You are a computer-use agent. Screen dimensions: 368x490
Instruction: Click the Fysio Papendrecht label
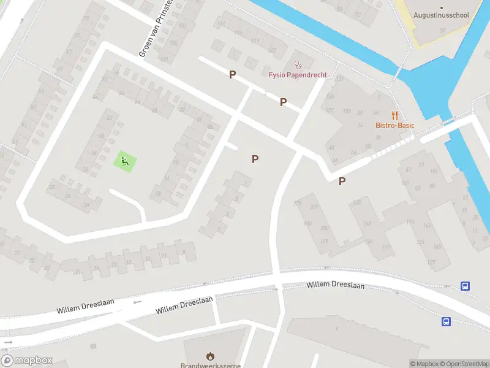[298, 75]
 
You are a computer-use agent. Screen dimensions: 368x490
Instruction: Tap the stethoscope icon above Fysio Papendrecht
[298, 63]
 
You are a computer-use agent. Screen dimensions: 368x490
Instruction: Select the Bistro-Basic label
[395, 126]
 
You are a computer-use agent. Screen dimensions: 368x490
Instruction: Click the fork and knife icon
[395, 115]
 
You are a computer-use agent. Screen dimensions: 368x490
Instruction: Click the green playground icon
[124, 162]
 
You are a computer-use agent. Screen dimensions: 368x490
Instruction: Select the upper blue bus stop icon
[466, 286]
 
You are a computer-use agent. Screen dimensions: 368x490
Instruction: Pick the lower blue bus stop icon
[447, 321]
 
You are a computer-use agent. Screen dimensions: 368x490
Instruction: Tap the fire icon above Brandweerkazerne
[210, 355]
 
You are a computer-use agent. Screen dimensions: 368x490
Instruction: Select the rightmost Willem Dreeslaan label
[335, 285]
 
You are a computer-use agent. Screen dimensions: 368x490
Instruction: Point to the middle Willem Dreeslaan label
[184, 305]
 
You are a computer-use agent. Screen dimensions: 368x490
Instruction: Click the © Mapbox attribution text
[425, 364]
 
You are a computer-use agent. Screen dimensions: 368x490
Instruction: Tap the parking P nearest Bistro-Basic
[342, 181]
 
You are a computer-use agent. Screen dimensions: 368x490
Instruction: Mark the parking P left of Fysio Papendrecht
[232, 75]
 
